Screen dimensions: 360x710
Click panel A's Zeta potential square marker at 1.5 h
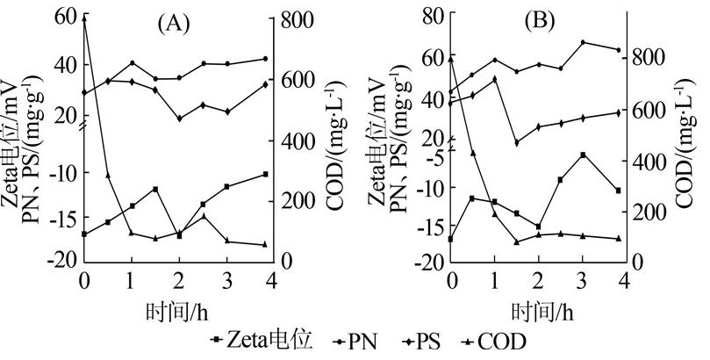(x=155, y=189)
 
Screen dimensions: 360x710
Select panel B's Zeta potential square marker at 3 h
(x=583, y=155)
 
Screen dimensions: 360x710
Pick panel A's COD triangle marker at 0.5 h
(x=108, y=176)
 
